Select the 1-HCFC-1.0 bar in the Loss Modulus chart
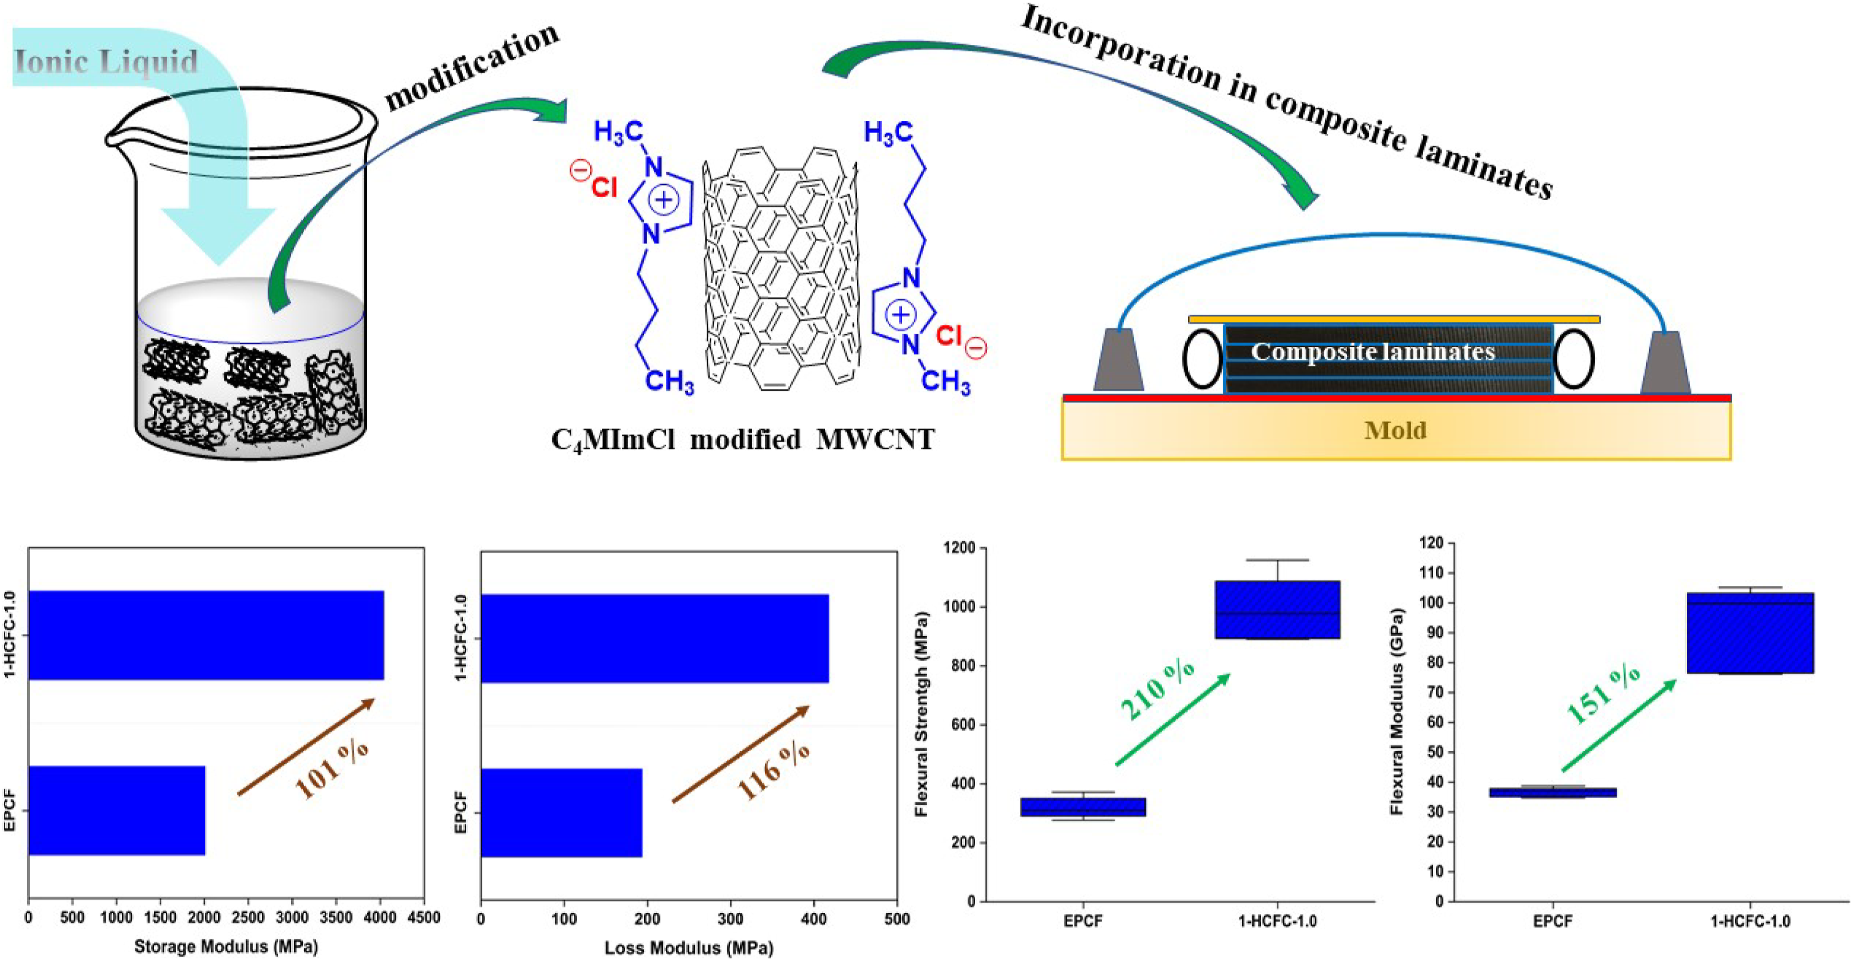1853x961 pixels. pyautogui.click(x=655, y=638)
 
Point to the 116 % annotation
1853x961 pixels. pyautogui.click(x=773, y=771)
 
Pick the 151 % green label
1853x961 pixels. pyautogui.click(x=1603, y=694)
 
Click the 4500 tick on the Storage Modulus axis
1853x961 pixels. pyautogui.click(x=424, y=918)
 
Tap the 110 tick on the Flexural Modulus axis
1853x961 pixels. pyautogui.click(x=1431, y=573)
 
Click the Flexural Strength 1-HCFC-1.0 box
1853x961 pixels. pyautogui.click(x=1278, y=609)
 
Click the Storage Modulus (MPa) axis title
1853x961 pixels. pyautogui.click(x=226, y=947)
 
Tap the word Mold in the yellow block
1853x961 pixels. pyautogui.click(x=1395, y=430)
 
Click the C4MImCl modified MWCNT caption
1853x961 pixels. pyautogui.click(x=742, y=439)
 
